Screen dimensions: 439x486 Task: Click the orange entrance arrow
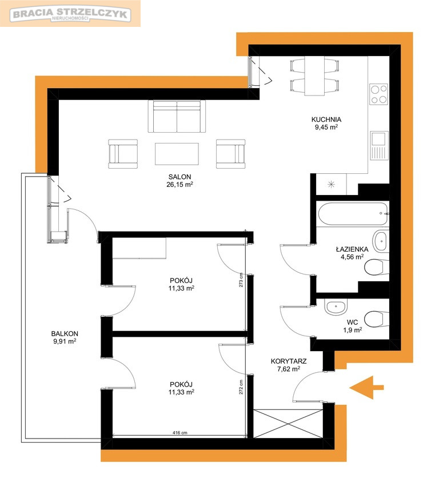(x=366, y=388)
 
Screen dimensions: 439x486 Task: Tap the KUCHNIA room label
(x=326, y=119)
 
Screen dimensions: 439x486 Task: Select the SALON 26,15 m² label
(x=179, y=181)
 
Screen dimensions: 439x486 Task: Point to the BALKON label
(x=65, y=334)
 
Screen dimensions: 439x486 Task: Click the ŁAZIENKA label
(x=352, y=249)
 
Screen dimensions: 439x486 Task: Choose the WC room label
(x=352, y=322)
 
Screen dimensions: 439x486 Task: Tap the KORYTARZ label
(x=289, y=361)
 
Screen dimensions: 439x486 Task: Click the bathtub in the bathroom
(x=353, y=214)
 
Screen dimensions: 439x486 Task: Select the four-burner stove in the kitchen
(x=379, y=94)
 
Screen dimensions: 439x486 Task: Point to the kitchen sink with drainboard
(x=379, y=145)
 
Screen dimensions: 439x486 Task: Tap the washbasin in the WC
(x=336, y=307)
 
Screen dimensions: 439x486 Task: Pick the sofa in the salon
(x=177, y=116)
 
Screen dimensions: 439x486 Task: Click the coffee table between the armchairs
(x=177, y=154)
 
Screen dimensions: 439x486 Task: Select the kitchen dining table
(x=314, y=76)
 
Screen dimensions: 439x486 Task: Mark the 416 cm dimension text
(x=179, y=433)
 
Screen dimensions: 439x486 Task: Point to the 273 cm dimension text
(x=241, y=280)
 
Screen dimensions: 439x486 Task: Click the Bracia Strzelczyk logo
(x=70, y=14)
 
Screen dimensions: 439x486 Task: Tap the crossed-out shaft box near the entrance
(x=288, y=424)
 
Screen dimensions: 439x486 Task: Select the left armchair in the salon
(x=123, y=154)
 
